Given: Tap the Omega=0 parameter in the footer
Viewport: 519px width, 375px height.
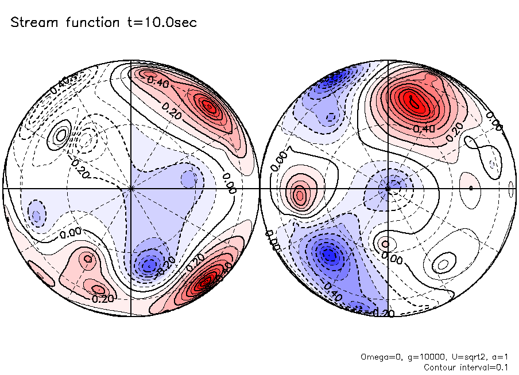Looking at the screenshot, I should click(x=379, y=357).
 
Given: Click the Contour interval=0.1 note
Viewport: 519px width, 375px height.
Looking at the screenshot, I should click(x=466, y=366).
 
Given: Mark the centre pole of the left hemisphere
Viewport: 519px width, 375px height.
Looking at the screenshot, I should click(x=131, y=188).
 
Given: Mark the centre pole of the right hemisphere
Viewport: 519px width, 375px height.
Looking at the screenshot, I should click(x=388, y=188).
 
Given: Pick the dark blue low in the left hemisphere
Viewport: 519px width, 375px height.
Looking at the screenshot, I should click(x=149, y=265).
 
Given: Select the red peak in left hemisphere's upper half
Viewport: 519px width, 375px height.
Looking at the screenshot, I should click(x=208, y=106).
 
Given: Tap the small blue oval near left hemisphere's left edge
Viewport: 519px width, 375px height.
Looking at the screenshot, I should click(x=37, y=216).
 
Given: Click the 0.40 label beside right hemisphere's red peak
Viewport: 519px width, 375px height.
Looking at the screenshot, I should click(x=427, y=129).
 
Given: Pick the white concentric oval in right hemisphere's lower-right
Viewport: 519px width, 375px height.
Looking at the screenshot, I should click(x=441, y=264).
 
